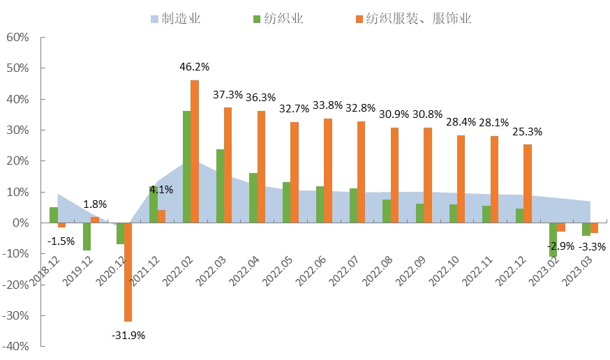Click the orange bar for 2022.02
point(195,151)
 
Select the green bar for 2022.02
point(186,167)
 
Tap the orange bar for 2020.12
point(128,272)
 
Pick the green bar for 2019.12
point(87,237)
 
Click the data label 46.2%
point(195,67)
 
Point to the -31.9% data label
point(128,335)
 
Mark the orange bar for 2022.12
point(528,183)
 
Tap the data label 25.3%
point(528,131)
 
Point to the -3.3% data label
point(593,246)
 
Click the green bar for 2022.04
point(253,197)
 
